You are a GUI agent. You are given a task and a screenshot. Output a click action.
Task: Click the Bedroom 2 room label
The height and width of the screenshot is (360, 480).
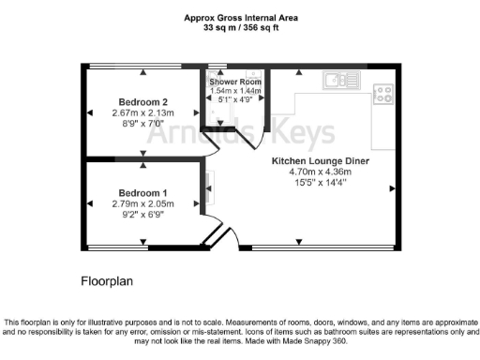[143, 101]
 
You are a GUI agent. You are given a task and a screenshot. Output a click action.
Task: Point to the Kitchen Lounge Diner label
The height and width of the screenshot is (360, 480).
[321, 161]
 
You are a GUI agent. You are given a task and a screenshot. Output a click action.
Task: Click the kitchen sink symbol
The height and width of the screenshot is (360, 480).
[336, 79]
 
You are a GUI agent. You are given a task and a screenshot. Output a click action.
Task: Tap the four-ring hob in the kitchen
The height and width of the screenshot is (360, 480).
[382, 93]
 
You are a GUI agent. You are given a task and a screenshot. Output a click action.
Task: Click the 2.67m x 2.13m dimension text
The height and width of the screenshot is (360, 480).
[143, 112]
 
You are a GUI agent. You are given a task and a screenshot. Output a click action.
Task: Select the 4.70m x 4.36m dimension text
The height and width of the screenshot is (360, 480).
[320, 172]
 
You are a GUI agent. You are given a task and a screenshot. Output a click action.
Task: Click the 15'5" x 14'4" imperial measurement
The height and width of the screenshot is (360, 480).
[320, 184]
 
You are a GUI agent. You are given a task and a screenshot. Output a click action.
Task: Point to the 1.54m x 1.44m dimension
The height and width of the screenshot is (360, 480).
[234, 91]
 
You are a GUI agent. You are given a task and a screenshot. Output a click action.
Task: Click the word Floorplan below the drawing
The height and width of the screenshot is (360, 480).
[110, 280]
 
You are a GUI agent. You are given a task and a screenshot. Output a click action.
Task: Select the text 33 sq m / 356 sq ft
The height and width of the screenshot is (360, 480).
[240, 28]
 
